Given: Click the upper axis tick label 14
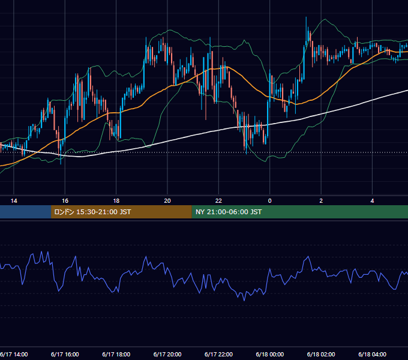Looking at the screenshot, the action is pos(14,201).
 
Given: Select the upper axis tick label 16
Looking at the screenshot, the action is pos(65,201).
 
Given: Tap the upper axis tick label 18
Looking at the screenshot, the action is pos(116,201).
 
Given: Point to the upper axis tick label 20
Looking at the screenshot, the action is pos(167,201).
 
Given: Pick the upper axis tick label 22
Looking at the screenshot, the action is pos(218,201).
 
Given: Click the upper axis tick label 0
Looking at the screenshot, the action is pos(270,201).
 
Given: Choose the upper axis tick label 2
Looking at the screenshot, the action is pos(321,201).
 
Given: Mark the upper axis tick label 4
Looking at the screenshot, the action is pos(373,201).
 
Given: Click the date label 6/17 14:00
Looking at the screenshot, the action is pos(14,354).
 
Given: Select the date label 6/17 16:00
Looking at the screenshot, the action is pos(65,354).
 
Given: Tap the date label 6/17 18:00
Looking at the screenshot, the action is pos(116,354).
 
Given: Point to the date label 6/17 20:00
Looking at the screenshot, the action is pos(167,354).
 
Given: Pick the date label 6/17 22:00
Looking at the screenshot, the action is pos(218,354).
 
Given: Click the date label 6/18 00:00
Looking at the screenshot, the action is pos(270,354).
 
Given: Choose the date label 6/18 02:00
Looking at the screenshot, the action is pos(321,354).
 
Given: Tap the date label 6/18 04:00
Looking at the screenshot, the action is pos(373,354).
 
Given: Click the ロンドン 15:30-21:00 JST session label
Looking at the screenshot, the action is pos(92,212).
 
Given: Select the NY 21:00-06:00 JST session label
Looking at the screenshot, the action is pos(229,212).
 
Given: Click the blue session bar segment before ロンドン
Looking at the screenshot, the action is pos(25,212).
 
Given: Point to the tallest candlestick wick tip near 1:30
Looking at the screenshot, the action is pos(306,17).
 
